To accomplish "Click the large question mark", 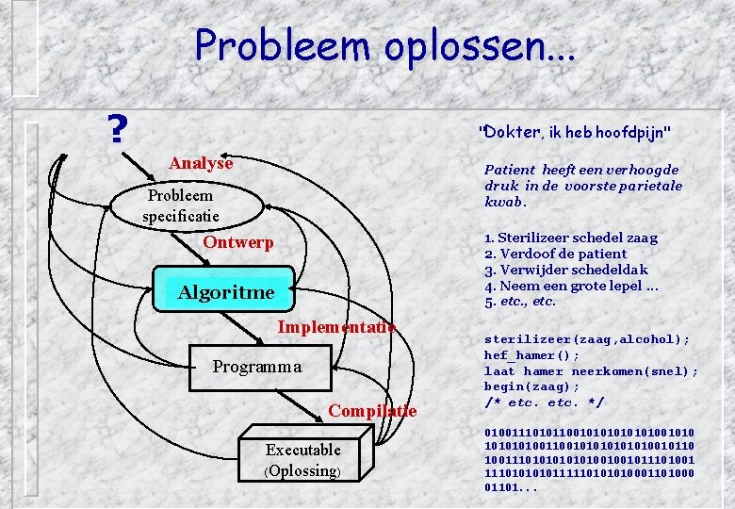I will [117, 130].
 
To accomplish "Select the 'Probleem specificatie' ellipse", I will [181, 205].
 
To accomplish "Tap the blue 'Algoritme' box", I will [226, 292].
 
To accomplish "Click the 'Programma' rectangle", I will [257, 367].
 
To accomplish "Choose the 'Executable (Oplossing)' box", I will [302, 460].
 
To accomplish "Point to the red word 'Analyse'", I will [201, 163].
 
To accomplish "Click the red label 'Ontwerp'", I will [238, 242].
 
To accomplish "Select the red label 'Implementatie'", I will [336, 327].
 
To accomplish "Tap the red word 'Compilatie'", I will [372, 410].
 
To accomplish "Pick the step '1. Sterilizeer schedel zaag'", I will [571, 238].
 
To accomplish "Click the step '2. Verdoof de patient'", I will [555, 254].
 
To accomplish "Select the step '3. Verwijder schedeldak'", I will [565, 270].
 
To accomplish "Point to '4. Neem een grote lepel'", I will [571, 286].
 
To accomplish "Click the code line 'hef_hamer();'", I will [532, 355].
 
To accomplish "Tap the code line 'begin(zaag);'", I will [532, 386].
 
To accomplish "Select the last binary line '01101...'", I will [509, 487].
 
